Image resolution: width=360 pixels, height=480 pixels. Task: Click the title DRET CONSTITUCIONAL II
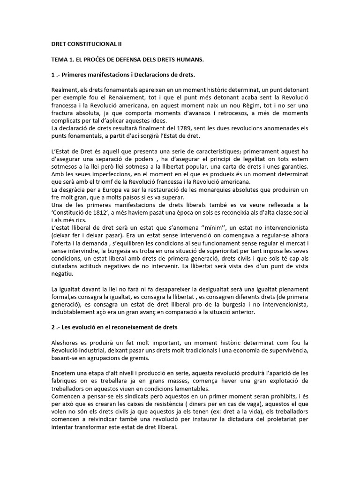click(x=86, y=44)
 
